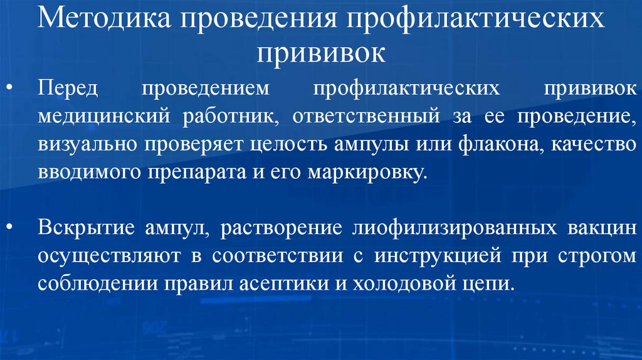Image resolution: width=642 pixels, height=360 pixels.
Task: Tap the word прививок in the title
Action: [320, 53]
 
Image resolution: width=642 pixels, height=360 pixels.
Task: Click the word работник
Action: [217, 117]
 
